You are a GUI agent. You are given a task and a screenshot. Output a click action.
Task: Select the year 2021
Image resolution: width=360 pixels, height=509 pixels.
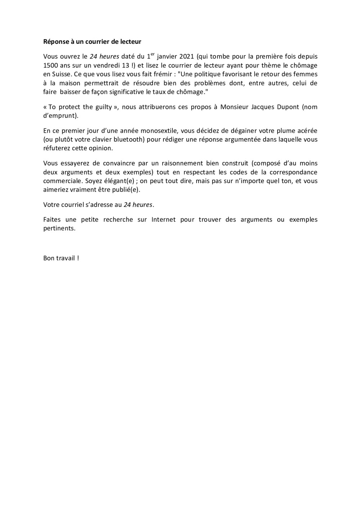(186, 56)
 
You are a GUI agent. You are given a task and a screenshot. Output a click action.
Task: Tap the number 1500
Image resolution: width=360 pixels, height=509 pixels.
(51, 65)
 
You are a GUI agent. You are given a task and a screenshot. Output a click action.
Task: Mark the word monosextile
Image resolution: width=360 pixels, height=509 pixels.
(157, 131)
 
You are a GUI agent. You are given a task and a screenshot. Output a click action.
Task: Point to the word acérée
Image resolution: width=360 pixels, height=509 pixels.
(305, 131)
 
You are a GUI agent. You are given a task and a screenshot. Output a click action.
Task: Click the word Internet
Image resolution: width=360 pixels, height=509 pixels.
(163, 219)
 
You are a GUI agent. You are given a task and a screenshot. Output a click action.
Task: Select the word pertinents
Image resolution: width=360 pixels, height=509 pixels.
(59, 228)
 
